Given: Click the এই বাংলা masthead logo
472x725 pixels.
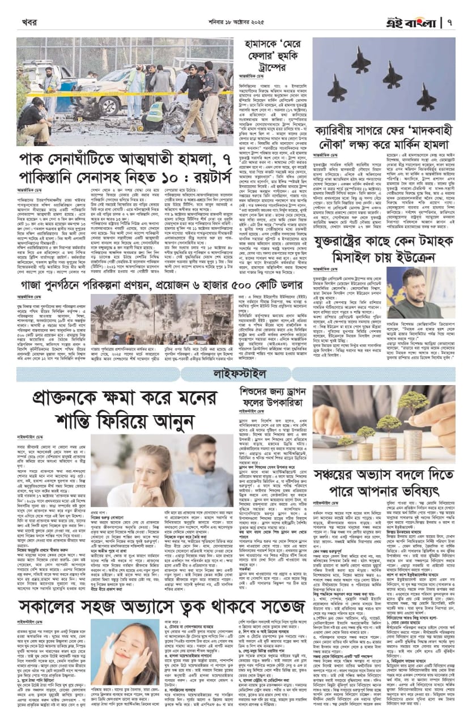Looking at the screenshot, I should pyautogui.click(x=418, y=23).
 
